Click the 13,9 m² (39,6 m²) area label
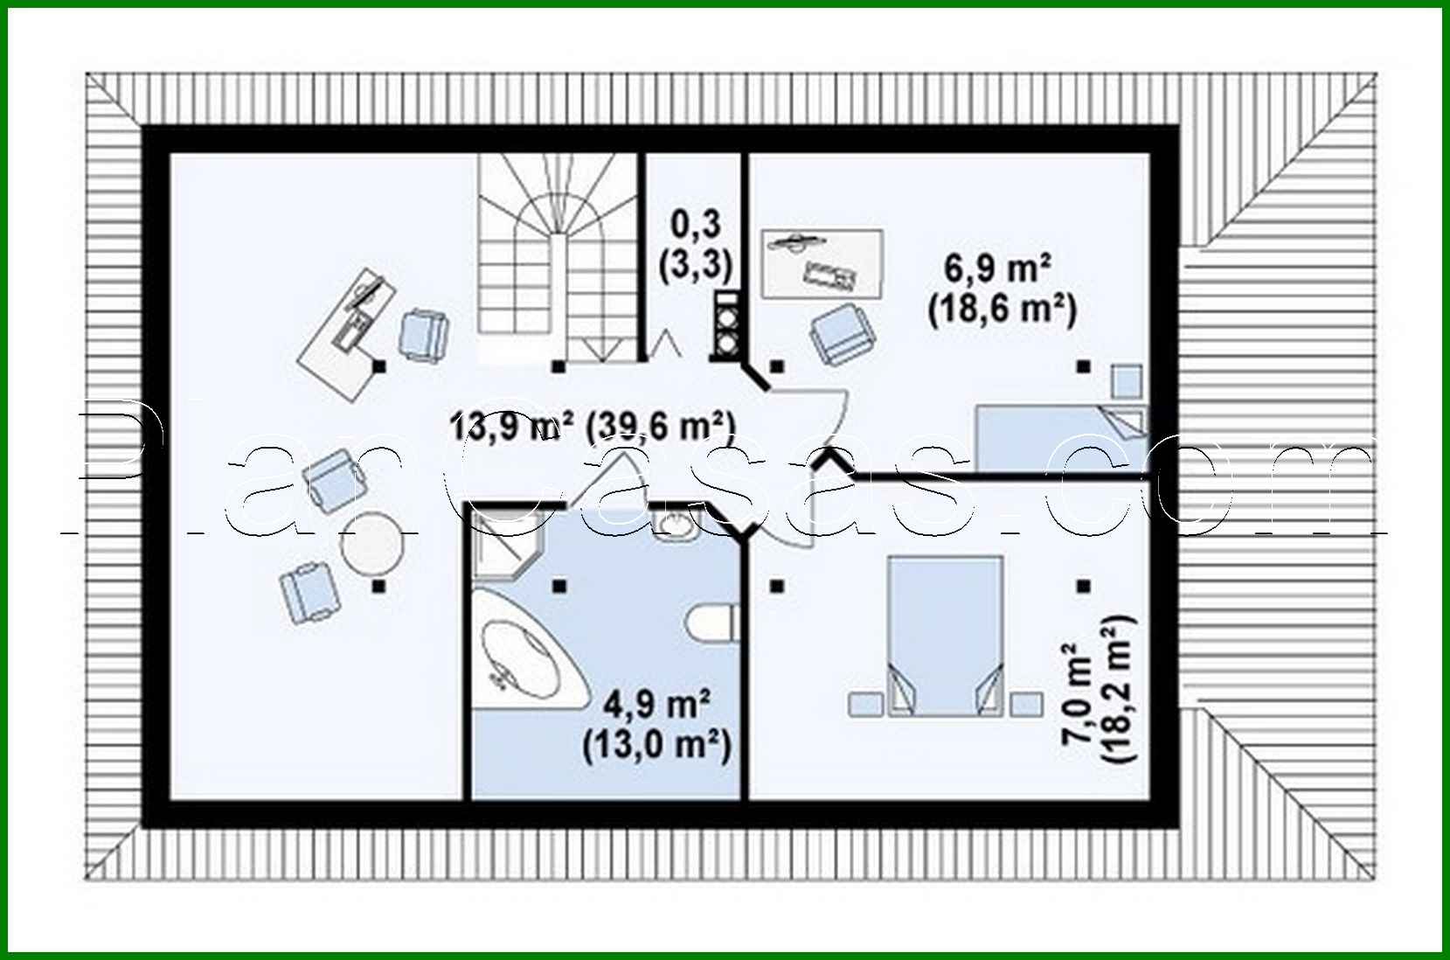pos(592,427)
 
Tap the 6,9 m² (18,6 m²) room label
pos(1001,289)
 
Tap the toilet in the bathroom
pos(712,626)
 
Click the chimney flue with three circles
pos(727,325)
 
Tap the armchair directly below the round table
pos(309,591)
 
